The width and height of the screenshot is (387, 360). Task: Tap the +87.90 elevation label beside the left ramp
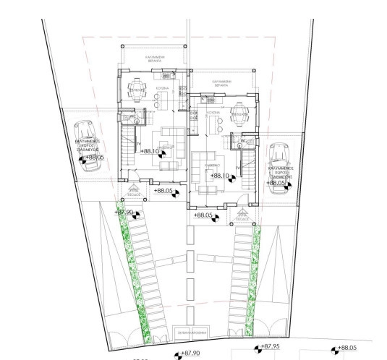coord(125,212)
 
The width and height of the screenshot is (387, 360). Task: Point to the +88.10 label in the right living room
coord(219,176)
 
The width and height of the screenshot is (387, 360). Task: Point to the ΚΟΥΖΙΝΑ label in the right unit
coord(212,113)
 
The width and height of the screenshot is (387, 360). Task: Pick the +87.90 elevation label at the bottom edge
coord(188,353)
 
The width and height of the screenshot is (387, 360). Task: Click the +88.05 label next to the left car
coord(94,157)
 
